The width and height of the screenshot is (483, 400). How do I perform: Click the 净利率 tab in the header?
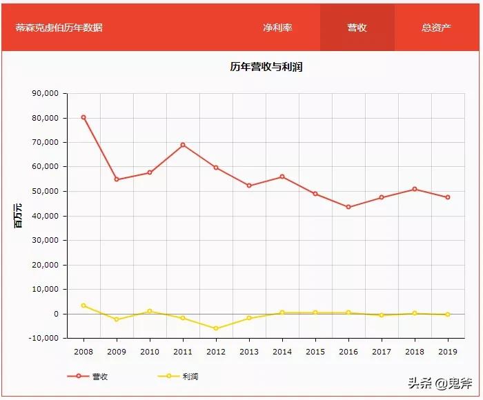coord(277,28)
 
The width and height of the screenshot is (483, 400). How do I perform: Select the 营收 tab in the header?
coord(357,28)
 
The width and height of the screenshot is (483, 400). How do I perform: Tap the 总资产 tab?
coord(436,28)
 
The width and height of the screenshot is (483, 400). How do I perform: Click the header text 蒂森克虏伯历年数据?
coord(59,28)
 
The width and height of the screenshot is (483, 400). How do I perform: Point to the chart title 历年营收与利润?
coord(266,67)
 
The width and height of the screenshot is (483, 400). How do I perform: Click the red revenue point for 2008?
coord(83,117)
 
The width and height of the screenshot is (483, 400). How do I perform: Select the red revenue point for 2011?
coord(183,145)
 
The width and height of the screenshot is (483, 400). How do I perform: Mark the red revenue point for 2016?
coord(348,207)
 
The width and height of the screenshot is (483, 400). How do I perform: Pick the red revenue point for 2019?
coord(448,197)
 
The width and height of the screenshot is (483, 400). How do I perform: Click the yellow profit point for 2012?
coord(216,328)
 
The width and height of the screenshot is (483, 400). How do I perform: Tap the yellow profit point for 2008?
coord(83,306)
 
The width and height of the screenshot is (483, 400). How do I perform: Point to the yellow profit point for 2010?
coord(150,311)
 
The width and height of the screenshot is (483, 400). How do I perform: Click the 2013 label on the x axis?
coord(249,351)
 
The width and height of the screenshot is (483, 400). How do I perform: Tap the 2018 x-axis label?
coord(415,351)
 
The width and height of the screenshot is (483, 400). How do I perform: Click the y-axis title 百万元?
coord(19,216)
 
